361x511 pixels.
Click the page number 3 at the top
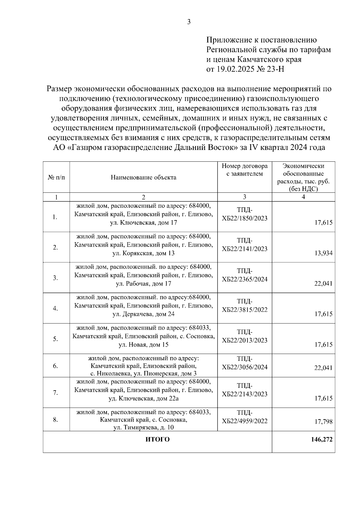click(x=189, y=22)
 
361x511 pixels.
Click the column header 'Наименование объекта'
click(x=143, y=177)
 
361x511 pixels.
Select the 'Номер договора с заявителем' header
click(x=244, y=170)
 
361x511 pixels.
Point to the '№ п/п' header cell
click(x=56, y=177)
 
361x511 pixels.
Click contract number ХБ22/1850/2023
click(x=244, y=218)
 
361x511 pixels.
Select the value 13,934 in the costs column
click(x=323, y=253)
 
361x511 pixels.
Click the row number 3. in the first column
click(x=55, y=278)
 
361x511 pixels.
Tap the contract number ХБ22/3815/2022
click(x=244, y=310)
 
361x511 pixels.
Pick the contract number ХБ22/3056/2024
click(x=244, y=367)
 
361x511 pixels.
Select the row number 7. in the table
click(x=55, y=393)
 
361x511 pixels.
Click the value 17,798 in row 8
click(x=323, y=422)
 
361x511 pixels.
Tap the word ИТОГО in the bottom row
click(x=157, y=439)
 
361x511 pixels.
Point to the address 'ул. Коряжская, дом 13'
click(x=143, y=253)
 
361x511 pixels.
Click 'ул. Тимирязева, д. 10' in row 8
click(x=143, y=428)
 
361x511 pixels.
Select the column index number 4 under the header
click(x=303, y=197)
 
